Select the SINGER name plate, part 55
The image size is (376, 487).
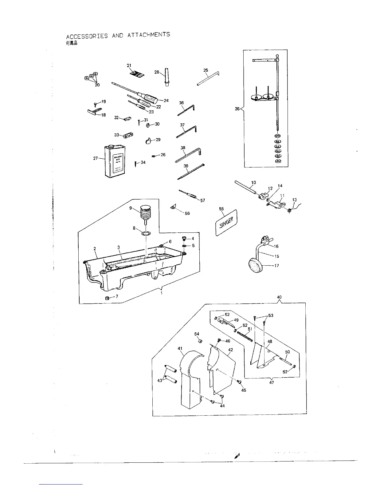[x=227, y=223]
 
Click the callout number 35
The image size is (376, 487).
[x=237, y=109]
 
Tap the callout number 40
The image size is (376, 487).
[x=279, y=297]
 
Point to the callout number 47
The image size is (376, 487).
[x=271, y=383]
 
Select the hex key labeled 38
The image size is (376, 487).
[x=188, y=155]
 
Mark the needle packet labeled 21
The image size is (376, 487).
[x=136, y=74]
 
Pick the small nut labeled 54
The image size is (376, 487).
[x=199, y=341]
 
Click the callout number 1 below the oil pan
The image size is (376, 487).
[x=161, y=293]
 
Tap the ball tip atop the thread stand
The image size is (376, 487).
[x=277, y=56]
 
